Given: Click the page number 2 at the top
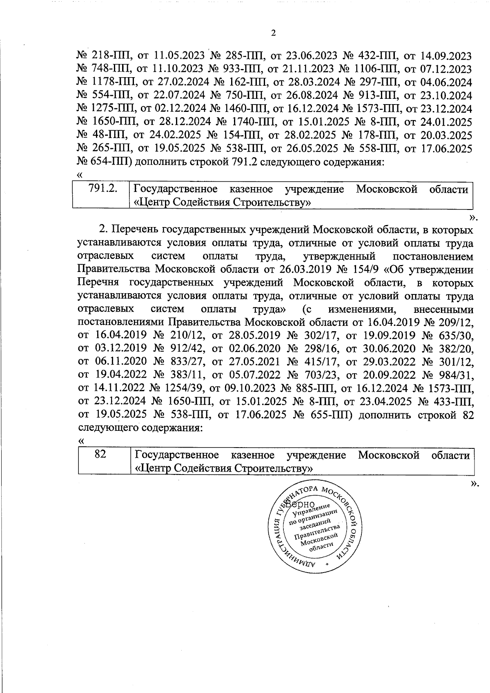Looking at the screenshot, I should tap(273, 33).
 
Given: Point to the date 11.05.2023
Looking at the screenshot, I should tap(180, 56).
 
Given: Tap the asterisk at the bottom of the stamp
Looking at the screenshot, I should tap(327, 564).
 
